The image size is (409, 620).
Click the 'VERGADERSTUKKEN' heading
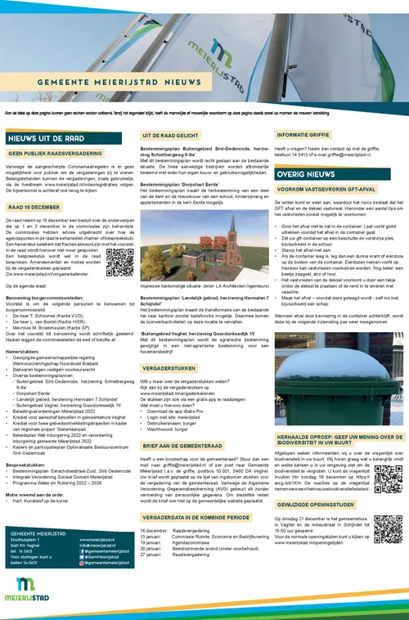pos(169,369)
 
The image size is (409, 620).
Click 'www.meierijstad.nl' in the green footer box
pos(97,540)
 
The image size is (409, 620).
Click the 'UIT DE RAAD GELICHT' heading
pos(172,134)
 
